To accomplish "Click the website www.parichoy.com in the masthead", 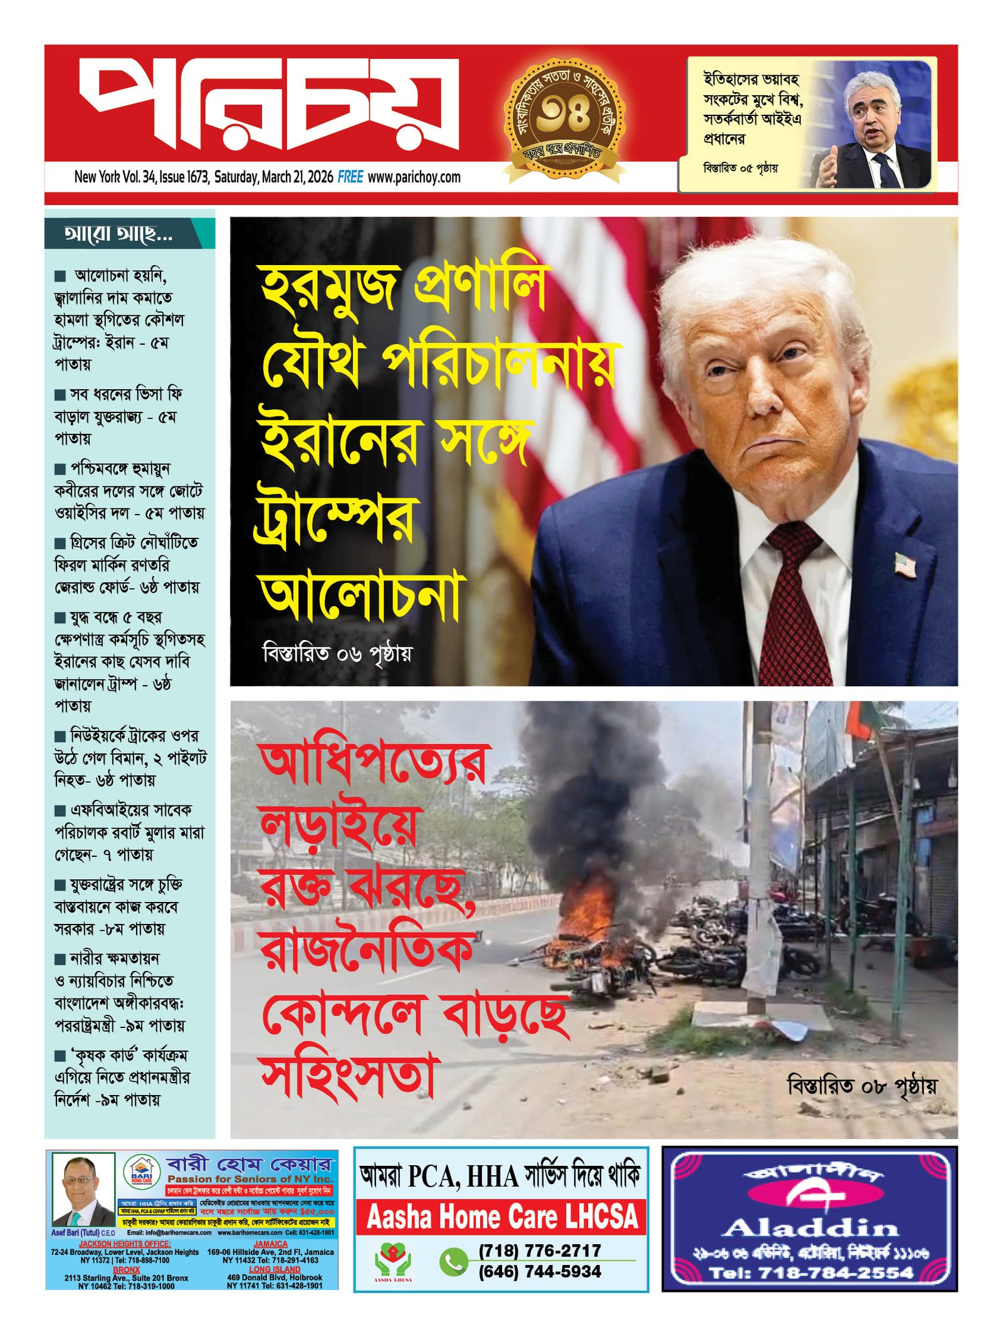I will click(x=414, y=177).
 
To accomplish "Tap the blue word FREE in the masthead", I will click(x=350, y=177).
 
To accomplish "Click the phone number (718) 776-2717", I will click(x=540, y=1250).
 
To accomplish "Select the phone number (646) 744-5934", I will click(x=540, y=1271).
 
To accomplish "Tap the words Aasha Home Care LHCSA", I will click(x=501, y=1217).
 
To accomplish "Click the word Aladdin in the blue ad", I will click(x=811, y=1227).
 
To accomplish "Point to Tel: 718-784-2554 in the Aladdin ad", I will click(x=811, y=1272).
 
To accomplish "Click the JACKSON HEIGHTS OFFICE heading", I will click(x=125, y=1244).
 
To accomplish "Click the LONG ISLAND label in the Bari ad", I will click(x=275, y=1269).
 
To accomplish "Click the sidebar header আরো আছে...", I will click(x=118, y=234).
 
